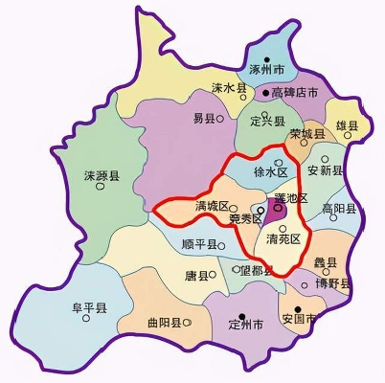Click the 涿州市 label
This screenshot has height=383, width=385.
(266, 70)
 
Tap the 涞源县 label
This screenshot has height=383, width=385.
(101, 177)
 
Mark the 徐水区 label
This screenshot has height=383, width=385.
(270, 172)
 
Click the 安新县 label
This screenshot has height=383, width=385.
(324, 171)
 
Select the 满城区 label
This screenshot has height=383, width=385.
(210, 207)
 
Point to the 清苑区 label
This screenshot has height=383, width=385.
(283, 238)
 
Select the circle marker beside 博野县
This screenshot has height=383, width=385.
(306, 284)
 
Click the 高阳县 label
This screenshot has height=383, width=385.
(341, 209)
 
